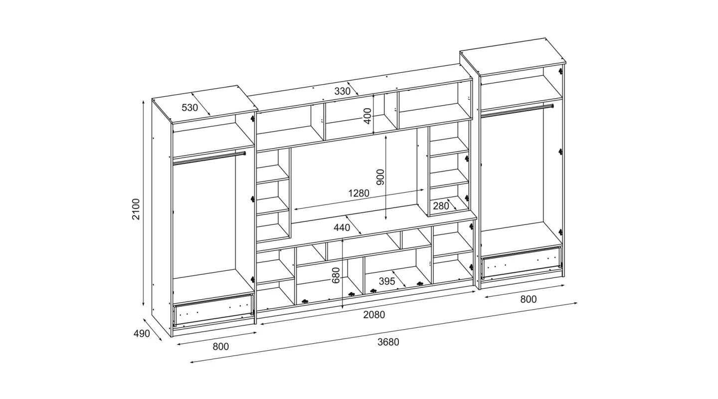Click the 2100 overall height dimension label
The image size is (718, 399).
tap(136, 209)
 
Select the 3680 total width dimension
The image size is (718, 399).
tap(388, 342)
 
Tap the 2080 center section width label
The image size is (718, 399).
tap(374, 315)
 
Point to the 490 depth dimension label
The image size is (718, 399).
tap(142, 334)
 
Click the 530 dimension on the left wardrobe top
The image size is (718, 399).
tap(190, 107)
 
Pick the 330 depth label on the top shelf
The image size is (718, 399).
tap(343, 91)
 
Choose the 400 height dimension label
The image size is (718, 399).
tap(367, 116)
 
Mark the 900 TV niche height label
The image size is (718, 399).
tap(380, 177)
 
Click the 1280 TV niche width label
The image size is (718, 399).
tap(359, 193)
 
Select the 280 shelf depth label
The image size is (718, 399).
tap(441, 206)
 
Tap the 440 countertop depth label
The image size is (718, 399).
tap(342, 228)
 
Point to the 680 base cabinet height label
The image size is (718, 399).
tap(335, 275)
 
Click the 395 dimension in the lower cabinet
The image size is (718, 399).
tap(387, 281)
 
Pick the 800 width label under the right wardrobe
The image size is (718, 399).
tap(528, 299)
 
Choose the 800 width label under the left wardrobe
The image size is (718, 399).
tap(221, 347)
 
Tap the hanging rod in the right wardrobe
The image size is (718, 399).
tap(517, 109)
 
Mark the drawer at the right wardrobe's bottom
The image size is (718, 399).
tap(522, 262)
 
